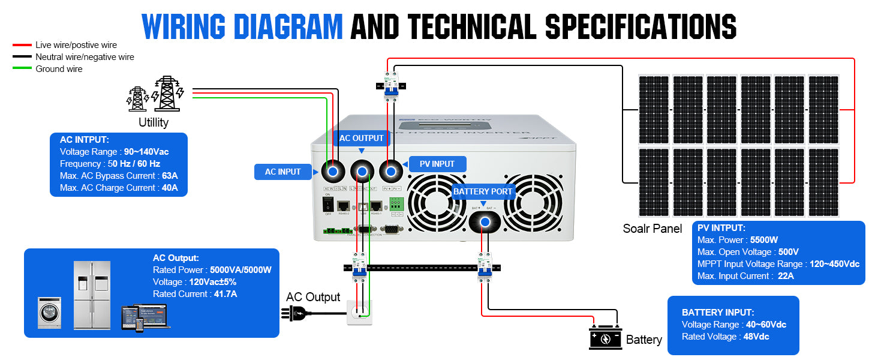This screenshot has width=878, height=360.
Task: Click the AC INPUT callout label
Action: point(283,172)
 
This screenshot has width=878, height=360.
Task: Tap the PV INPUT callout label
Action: point(435,164)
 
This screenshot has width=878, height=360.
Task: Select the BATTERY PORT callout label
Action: point(483,191)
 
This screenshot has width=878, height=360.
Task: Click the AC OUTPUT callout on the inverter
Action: point(361,138)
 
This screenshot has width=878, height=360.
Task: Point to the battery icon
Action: point(606,338)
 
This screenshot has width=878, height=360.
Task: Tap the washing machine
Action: point(49,312)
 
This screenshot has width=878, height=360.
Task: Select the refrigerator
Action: point(92,295)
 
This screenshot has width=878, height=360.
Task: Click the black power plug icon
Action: point(295,313)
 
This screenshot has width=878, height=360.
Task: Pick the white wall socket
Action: point(359,313)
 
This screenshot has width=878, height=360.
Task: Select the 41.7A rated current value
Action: point(225,294)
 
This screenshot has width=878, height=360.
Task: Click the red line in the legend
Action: point(22,45)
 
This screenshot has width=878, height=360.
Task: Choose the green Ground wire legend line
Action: point(22,69)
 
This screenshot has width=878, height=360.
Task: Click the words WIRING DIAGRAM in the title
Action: point(242,26)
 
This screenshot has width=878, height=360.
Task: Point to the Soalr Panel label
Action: point(653,229)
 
